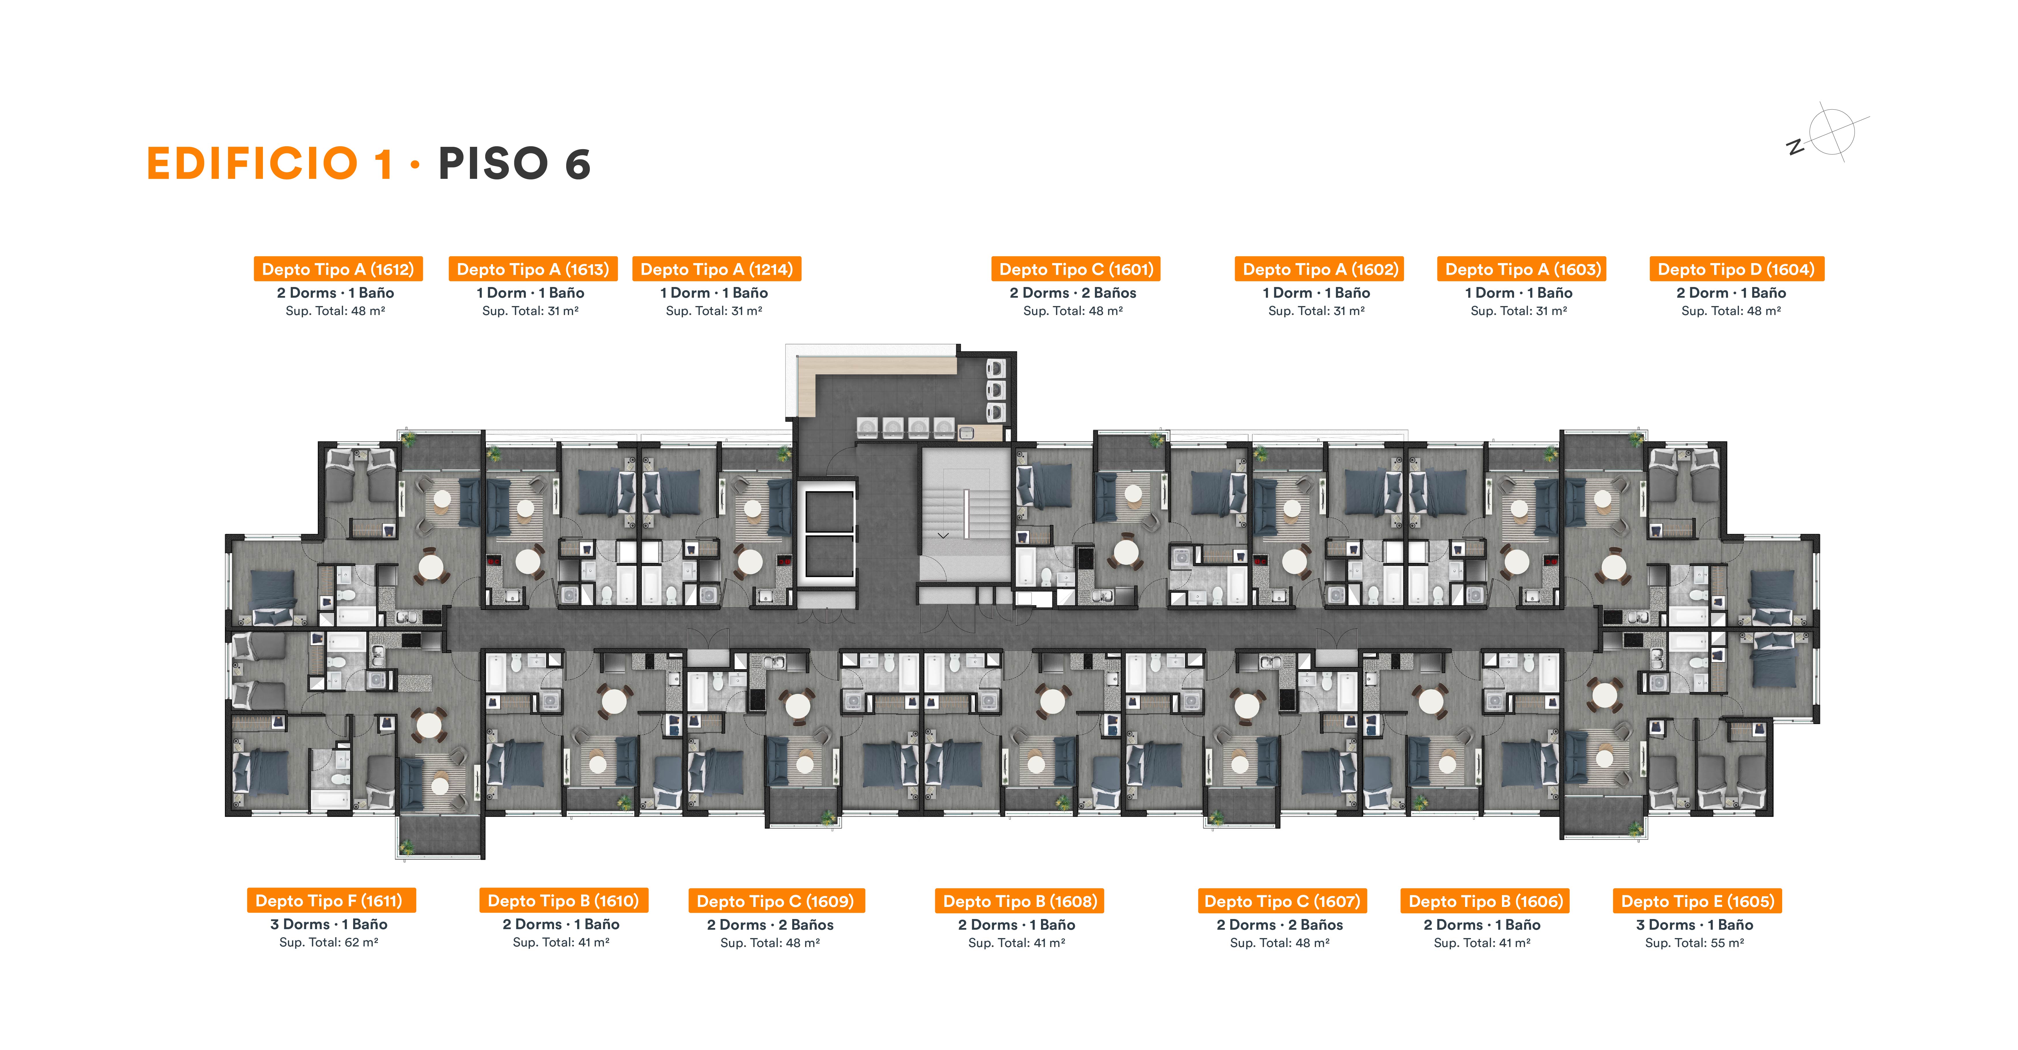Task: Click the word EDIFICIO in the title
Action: point(252,164)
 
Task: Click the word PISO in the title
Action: point(494,164)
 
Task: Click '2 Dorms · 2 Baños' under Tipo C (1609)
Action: point(770,925)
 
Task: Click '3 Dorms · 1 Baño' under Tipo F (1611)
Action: point(329,925)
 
